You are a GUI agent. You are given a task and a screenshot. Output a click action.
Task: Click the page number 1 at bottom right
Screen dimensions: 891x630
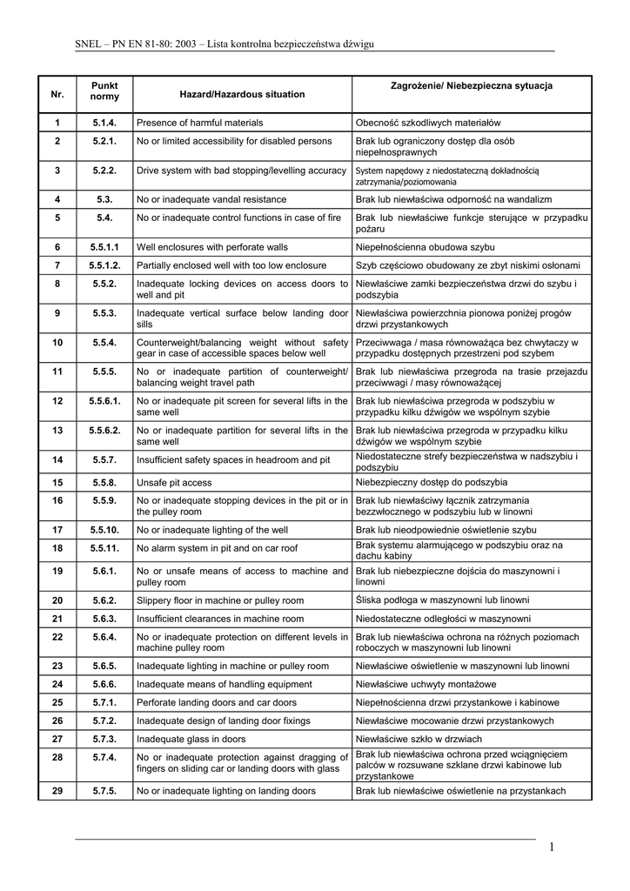(x=552, y=847)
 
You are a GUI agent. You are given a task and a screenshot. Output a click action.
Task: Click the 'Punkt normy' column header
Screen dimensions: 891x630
(x=104, y=90)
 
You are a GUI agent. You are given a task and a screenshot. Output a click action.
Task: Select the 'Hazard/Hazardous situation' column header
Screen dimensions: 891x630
(x=242, y=94)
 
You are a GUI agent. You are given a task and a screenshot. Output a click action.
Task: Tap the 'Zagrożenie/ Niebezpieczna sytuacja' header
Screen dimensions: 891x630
(x=472, y=86)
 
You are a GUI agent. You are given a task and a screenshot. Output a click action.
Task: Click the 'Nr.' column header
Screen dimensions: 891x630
(x=57, y=94)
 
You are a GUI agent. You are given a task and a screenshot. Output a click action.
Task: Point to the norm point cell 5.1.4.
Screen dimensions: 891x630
(x=104, y=123)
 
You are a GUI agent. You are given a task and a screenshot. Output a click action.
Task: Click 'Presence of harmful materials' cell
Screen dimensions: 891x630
(x=199, y=123)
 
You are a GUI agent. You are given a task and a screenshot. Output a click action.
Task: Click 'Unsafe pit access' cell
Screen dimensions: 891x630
(x=174, y=482)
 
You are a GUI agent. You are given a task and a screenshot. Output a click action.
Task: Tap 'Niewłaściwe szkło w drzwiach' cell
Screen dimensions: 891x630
(x=420, y=739)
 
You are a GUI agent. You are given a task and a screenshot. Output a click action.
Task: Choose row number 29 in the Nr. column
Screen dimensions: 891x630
(x=57, y=791)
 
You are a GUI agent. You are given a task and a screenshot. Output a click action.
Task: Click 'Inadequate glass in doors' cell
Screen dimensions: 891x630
(x=191, y=739)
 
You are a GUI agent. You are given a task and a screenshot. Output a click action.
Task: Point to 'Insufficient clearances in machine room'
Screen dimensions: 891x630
(x=220, y=619)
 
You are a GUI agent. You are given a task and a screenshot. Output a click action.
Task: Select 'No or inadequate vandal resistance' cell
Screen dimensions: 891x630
(x=211, y=198)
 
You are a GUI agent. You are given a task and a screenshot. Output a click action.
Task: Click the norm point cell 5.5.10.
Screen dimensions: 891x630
(x=104, y=529)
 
